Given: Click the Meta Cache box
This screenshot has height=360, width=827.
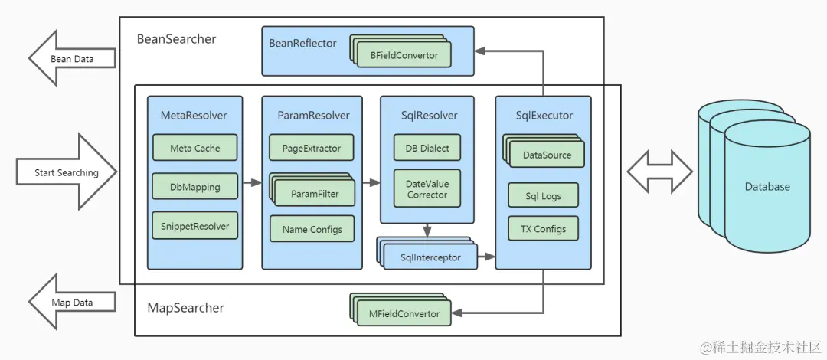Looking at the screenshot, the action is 195,148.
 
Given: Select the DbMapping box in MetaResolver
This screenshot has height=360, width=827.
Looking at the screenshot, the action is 195,187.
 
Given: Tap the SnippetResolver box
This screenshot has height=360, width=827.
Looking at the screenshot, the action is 195,226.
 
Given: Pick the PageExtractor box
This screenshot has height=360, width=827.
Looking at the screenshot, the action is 312,148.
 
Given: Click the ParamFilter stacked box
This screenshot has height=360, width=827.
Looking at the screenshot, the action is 312,191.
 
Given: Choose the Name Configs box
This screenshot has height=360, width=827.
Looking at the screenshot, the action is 312,229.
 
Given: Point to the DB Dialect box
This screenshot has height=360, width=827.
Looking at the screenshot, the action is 427,148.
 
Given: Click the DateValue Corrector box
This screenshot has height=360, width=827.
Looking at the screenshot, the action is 427,189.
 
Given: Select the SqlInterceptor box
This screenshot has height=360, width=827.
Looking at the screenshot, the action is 427,254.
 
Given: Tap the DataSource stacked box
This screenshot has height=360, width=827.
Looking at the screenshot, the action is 544,152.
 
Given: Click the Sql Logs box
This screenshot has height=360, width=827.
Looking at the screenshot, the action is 544,196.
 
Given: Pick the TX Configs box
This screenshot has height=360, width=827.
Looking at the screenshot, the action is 544,229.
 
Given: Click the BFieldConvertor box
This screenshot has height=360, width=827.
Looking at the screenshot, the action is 400,52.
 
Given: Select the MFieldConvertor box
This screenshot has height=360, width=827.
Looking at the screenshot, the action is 400,311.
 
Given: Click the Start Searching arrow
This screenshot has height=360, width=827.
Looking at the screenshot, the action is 67,172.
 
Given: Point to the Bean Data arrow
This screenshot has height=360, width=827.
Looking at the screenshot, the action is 72,58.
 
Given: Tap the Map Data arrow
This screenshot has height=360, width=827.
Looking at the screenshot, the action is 72,302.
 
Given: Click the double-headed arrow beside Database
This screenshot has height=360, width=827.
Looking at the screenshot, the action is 660,171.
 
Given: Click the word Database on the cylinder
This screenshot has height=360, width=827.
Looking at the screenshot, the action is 767,186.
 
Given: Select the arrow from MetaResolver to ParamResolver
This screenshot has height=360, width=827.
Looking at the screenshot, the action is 252,182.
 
